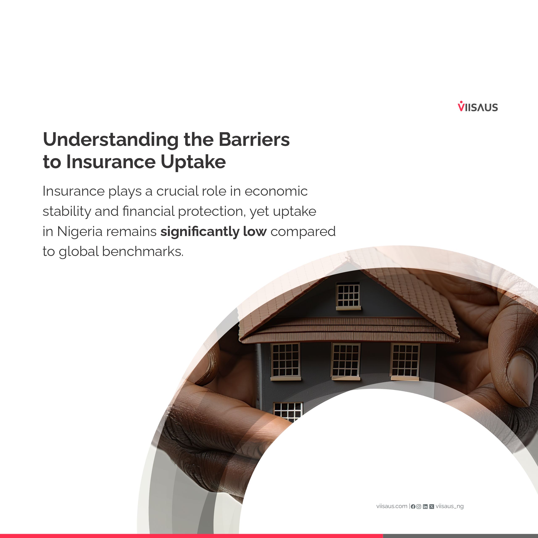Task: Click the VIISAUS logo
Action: [478, 106]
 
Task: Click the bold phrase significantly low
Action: [214, 232]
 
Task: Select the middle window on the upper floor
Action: [345, 361]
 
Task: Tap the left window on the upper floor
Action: [285, 361]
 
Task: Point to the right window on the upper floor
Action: [405, 361]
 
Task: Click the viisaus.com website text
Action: [392, 506]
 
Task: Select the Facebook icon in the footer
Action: [413, 506]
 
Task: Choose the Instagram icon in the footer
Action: [419, 506]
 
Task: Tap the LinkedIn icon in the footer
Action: [425, 506]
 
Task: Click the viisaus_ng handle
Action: [450, 506]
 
